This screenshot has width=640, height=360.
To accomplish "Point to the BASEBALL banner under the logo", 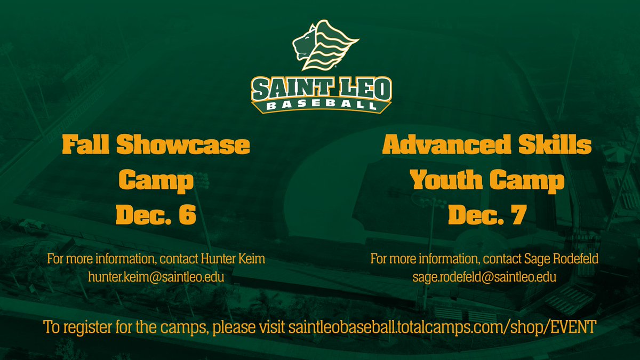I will pyautogui.click(x=322, y=105).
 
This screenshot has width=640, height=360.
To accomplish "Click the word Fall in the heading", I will pyautogui.click(x=88, y=146).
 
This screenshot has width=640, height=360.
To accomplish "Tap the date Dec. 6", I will pyautogui.click(x=156, y=216).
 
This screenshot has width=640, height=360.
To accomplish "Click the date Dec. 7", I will pyautogui.click(x=487, y=216).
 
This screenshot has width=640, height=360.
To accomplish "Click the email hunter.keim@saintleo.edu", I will pyautogui.click(x=156, y=277).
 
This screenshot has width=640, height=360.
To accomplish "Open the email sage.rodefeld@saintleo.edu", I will pyautogui.click(x=484, y=277).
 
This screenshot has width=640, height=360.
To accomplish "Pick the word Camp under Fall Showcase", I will pyautogui.click(x=156, y=181).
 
